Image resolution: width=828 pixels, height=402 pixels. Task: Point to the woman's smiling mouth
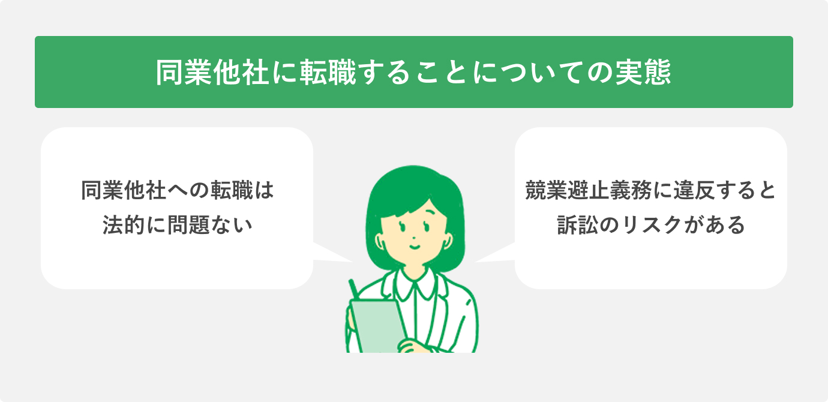coord(415,245)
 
